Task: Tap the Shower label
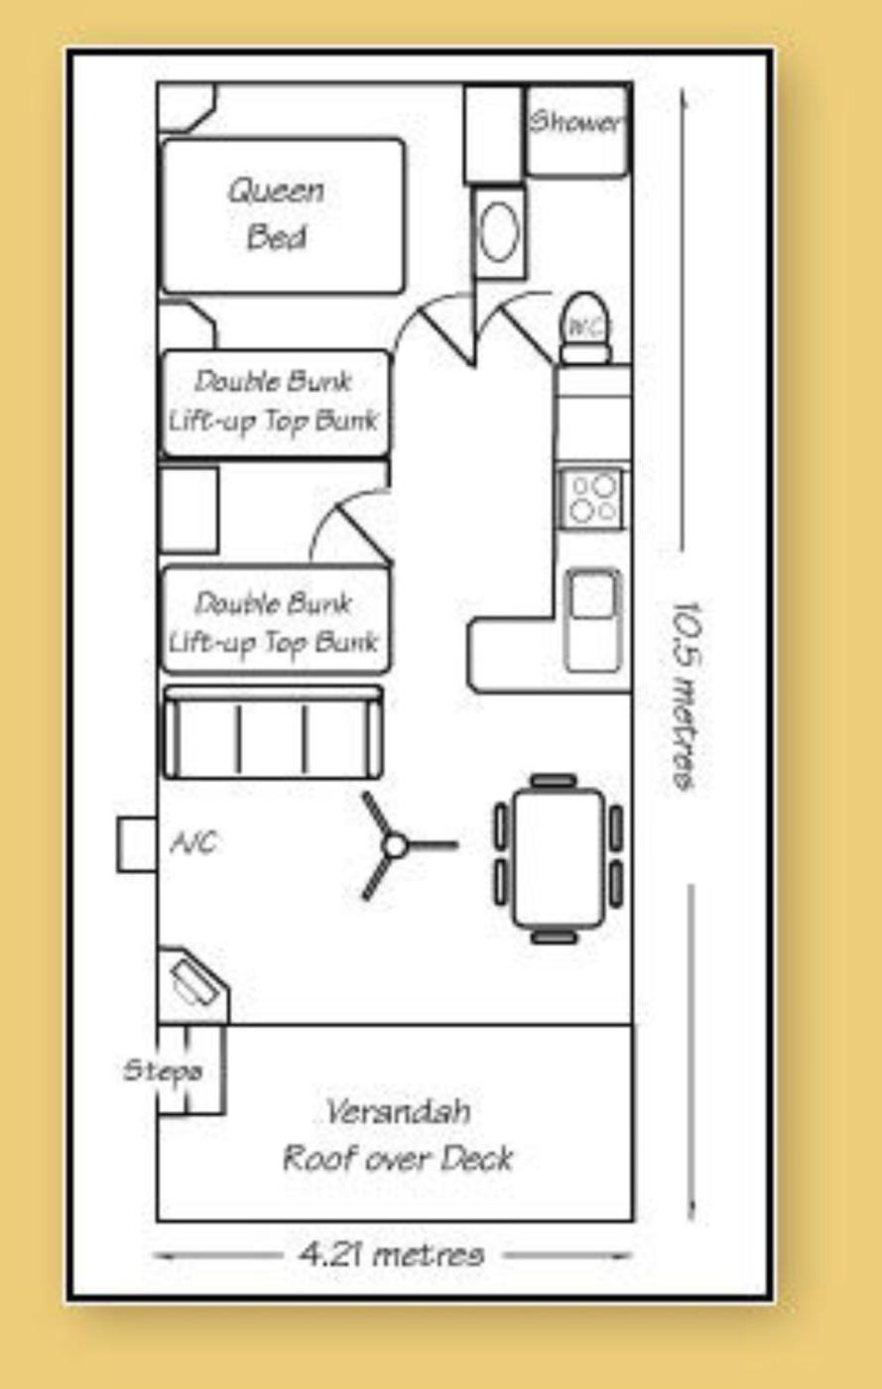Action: click(576, 121)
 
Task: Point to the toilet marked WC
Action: click(586, 326)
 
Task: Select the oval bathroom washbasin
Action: click(500, 232)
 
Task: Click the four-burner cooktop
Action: click(593, 498)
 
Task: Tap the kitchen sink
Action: click(593, 619)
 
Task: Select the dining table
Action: click(559, 858)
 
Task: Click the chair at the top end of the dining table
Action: click(554, 780)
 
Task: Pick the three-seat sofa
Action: click(273, 732)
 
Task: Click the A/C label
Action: click(194, 842)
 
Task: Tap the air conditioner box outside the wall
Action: click(137, 844)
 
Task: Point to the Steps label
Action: click(163, 1071)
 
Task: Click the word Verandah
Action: click(398, 1111)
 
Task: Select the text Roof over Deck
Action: click(398, 1158)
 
